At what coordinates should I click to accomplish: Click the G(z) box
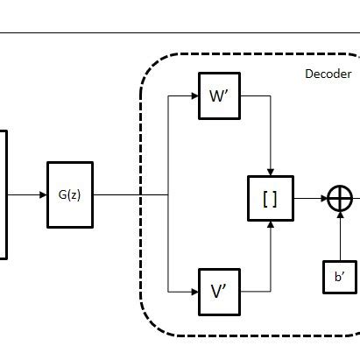69,194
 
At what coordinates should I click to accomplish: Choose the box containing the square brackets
270,198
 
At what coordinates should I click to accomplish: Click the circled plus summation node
339,199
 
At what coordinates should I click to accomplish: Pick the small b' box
339,278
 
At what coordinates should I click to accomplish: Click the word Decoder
327,74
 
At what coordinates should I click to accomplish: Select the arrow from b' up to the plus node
339,236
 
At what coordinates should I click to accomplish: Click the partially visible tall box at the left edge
3,194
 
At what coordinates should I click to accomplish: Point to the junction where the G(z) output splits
168,194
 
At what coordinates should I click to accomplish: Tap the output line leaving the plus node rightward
356,199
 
